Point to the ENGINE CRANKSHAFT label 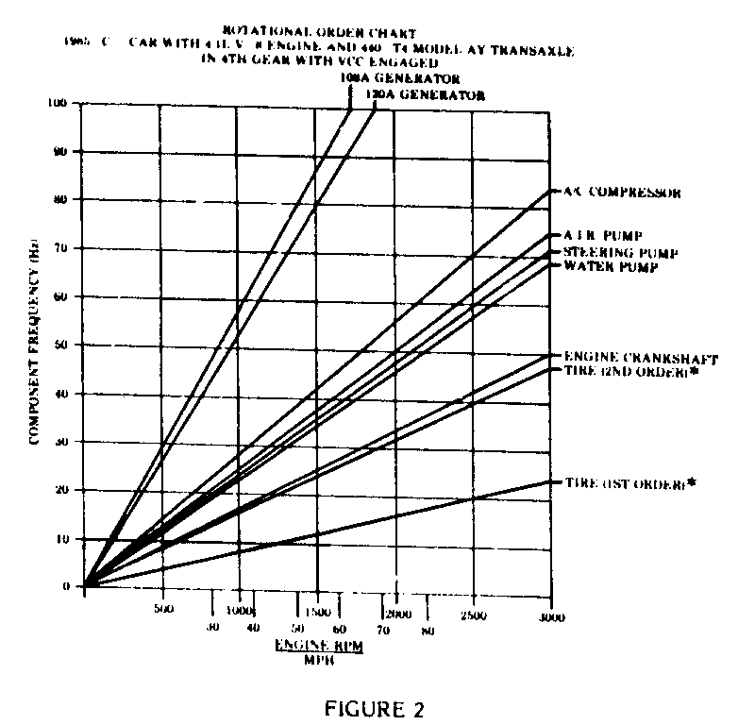point(641,359)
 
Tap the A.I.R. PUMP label point(603,235)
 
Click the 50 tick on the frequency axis point(62,346)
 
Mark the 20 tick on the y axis point(62,490)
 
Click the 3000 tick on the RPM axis point(551,616)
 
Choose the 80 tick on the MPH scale point(427,630)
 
